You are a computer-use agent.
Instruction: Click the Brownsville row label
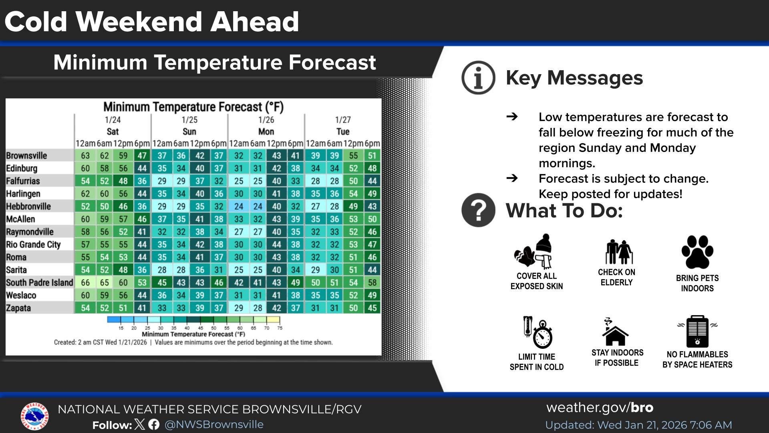point(26,156)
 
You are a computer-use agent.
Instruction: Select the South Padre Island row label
point(39,283)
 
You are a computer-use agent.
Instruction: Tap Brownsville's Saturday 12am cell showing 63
point(85,156)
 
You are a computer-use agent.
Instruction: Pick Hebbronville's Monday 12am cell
point(239,206)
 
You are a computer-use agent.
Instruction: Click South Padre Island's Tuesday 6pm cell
point(372,283)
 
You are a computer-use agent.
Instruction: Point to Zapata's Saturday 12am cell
point(85,308)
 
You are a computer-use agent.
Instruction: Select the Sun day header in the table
point(189,132)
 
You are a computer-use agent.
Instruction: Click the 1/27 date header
point(343,120)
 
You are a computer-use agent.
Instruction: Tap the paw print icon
point(697,252)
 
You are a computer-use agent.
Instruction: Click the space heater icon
point(697,332)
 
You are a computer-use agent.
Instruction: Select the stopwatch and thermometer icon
point(537,332)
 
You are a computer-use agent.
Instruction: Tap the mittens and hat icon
point(534,252)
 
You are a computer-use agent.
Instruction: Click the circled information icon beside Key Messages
point(478,78)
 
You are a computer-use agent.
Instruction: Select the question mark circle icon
point(478,210)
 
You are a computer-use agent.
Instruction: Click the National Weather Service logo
point(34,417)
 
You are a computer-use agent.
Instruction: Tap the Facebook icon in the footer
point(154,425)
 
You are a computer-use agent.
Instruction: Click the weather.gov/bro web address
point(600,407)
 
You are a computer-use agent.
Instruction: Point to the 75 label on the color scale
point(280,328)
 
